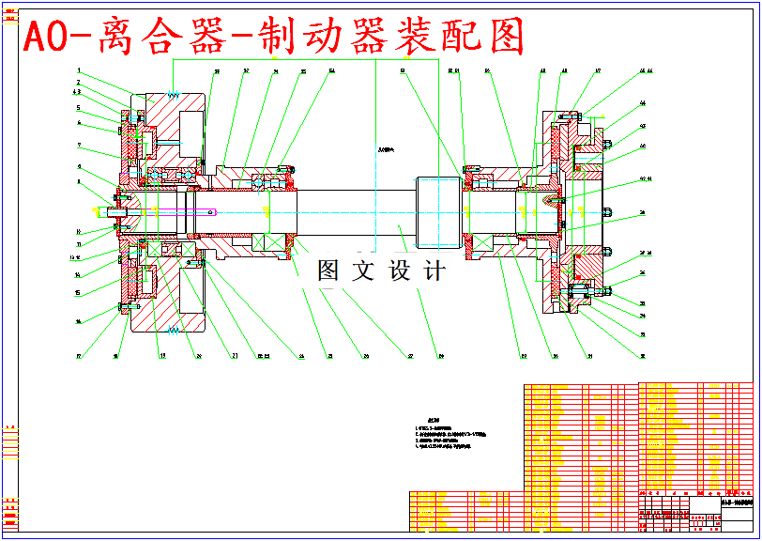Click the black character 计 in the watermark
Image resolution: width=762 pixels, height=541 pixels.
434,271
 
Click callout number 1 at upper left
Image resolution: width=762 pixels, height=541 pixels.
80,71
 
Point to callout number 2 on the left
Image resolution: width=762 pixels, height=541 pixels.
80,84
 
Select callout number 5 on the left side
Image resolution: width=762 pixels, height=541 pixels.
80,108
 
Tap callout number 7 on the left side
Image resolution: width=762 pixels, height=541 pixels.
80,146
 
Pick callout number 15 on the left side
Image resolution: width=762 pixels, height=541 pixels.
80,292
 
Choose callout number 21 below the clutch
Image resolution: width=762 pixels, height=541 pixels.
234,356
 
